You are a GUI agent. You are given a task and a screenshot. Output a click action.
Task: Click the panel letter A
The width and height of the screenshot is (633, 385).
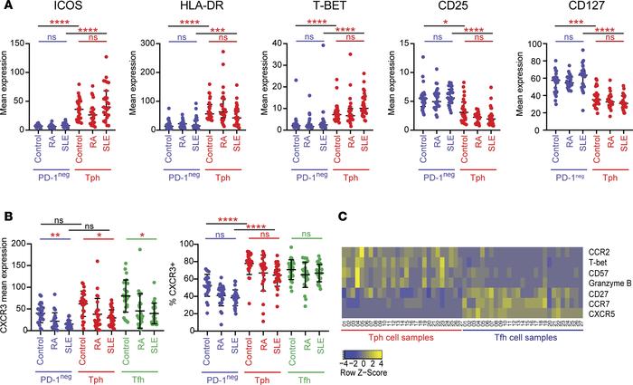tap(6, 7)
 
